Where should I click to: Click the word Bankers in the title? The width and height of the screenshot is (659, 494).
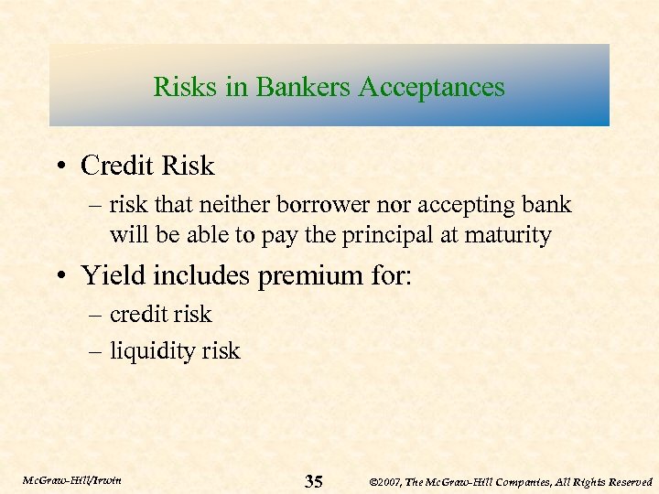[x=305, y=87]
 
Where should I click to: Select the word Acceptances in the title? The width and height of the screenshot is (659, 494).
[x=432, y=87]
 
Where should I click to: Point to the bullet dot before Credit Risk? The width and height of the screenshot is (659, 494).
[x=61, y=166]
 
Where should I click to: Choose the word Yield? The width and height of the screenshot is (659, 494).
[x=113, y=274]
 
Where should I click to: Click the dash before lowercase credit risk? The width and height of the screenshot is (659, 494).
[x=96, y=316]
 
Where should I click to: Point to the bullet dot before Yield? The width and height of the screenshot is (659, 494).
[x=61, y=274]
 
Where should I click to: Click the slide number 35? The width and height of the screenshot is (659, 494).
[x=313, y=481]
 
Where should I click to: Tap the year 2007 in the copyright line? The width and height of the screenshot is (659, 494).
[x=390, y=481]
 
